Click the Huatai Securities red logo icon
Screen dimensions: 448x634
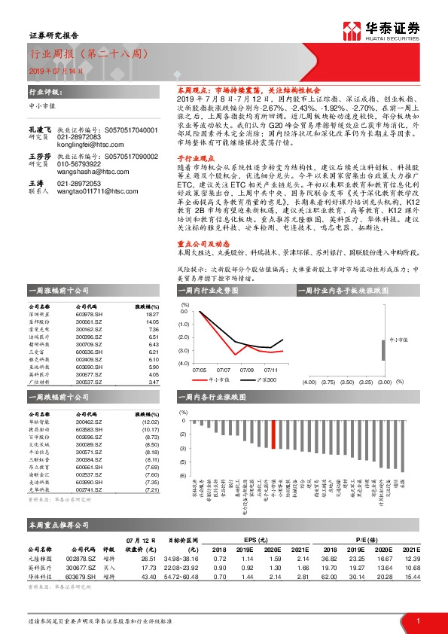tap(353, 31)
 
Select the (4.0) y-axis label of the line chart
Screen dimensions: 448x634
tap(183, 363)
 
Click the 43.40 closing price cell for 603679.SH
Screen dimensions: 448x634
tap(143, 575)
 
